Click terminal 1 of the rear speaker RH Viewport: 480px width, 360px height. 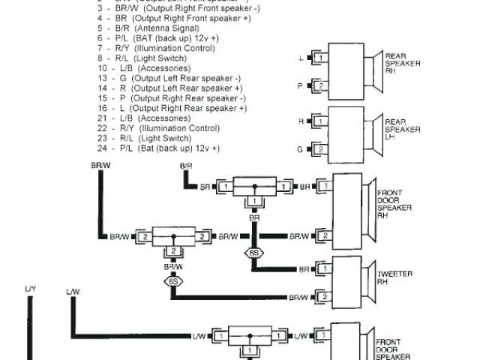tap(319, 58)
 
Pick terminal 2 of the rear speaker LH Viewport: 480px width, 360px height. tap(319, 150)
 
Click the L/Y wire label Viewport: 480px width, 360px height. tap(30, 289)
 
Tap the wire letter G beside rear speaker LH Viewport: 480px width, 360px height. tap(301, 150)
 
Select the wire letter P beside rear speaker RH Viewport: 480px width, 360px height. tap(301, 86)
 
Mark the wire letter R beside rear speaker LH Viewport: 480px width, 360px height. tap(301, 121)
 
